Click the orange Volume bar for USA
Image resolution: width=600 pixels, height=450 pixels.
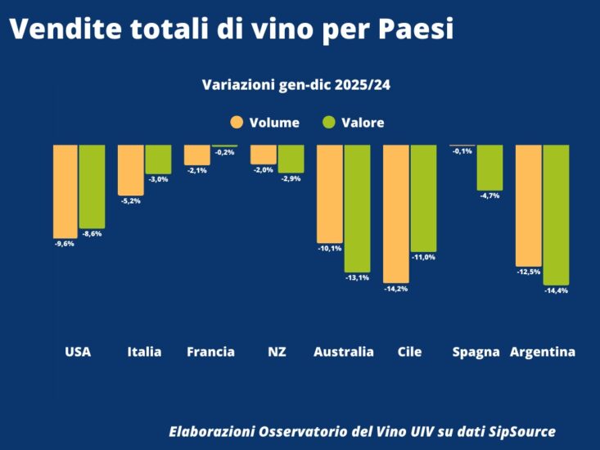(x=66, y=191)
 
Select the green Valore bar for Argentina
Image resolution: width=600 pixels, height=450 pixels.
(x=556, y=214)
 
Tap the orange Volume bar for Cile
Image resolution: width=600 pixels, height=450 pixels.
(x=395, y=213)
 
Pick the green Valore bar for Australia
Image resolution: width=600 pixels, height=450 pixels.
(x=357, y=208)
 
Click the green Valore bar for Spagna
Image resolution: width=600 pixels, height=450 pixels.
(x=489, y=167)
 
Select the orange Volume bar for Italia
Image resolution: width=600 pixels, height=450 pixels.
(x=131, y=169)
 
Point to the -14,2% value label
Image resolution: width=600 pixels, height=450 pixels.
(x=395, y=289)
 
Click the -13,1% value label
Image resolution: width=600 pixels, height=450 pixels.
(x=357, y=277)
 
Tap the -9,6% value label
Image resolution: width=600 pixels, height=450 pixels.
(x=64, y=243)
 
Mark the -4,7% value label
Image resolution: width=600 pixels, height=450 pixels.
(x=489, y=196)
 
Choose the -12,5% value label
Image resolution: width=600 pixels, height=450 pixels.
(x=526, y=272)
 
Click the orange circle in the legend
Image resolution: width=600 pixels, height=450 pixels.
(x=237, y=123)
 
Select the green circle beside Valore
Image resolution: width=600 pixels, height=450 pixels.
(x=330, y=123)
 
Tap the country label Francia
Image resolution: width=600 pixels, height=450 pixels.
(x=210, y=352)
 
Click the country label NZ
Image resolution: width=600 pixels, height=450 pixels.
(x=277, y=352)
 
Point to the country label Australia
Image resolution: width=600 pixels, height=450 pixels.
(x=344, y=352)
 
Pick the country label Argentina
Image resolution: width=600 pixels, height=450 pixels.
(x=542, y=352)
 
